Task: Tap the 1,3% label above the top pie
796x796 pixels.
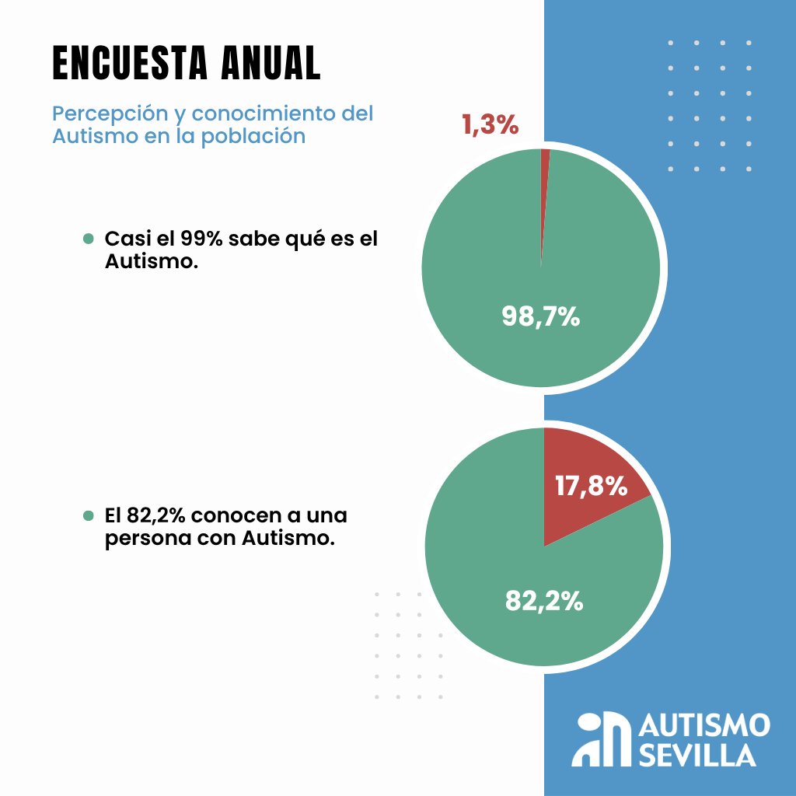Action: tap(491, 124)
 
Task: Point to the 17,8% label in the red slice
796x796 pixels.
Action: tap(591, 486)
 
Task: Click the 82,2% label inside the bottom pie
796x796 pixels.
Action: tap(544, 600)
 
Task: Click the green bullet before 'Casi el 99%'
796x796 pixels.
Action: tap(88, 239)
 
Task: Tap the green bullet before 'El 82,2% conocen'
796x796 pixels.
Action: tap(88, 515)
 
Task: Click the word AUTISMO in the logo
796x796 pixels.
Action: tap(704, 726)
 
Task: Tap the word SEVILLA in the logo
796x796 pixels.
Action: tap(697, 755)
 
